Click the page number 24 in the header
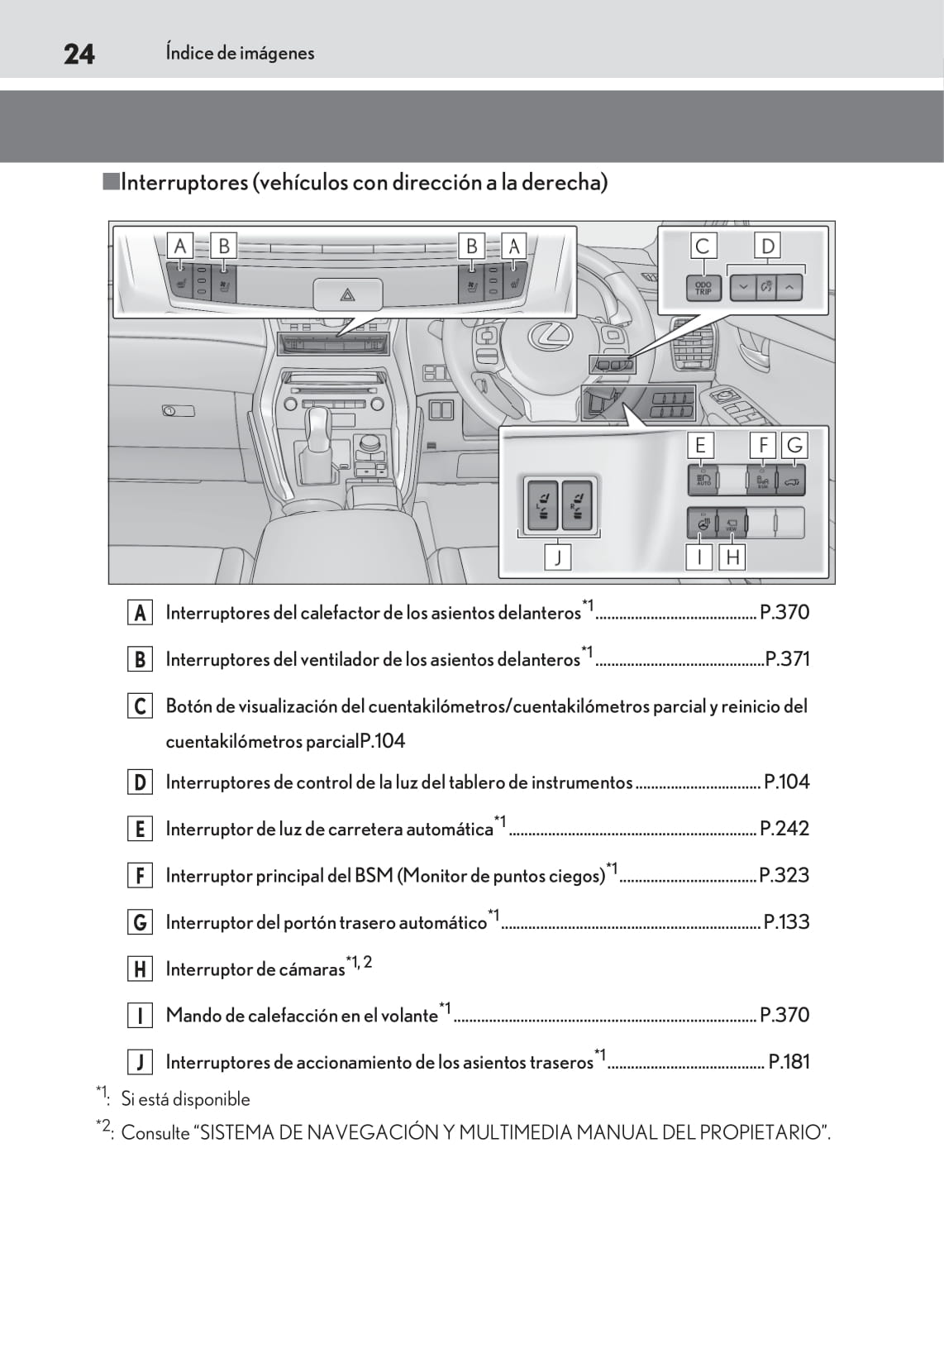(x=79, y=54)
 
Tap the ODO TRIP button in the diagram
(x=703, y=288)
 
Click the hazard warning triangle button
(x=348, y=294)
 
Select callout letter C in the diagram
(x=703, y=246)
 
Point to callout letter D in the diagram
(x=768, y=246)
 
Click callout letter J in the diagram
(x=558, y=557)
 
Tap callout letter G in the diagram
(x=794, y=445)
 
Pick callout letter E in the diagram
(x=700, y=445)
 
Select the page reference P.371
(x=787, y=659)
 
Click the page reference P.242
(x=784, y=829)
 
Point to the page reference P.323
(x=784, y=875)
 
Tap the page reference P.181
(x=789, y=1062)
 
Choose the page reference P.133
(x=786, y=922)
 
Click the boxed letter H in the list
(x=140, y=969)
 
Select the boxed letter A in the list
(x=140, y=613)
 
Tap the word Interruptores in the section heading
(x=184, y=183)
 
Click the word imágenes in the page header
(x=278, y=53)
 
